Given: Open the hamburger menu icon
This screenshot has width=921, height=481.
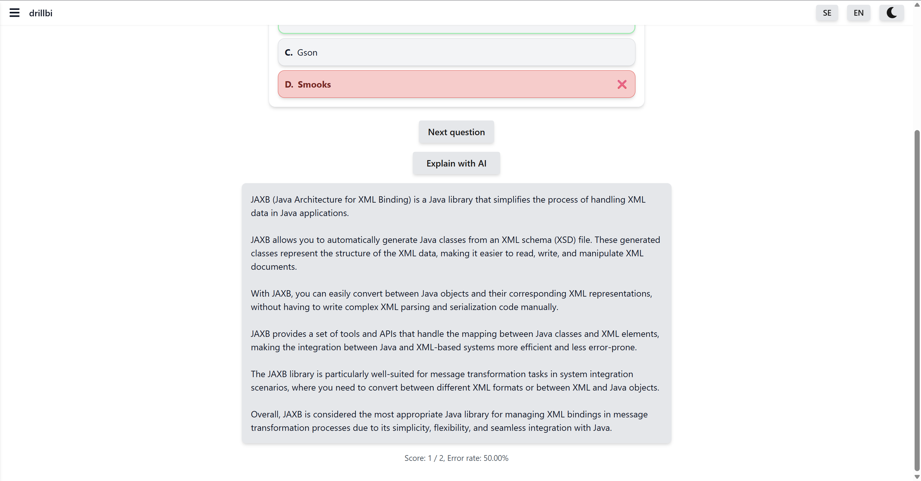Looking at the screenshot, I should click(x=14, y=13).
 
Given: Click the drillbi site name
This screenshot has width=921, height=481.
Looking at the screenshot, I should click(x=40, y=13).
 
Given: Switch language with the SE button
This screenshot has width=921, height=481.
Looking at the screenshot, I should click(x=827, y=13).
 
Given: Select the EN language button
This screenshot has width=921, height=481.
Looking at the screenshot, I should click(x=858, y=13).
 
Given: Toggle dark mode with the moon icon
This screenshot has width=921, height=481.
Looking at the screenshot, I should click(x=891, y=13).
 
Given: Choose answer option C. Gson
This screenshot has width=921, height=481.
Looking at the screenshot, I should click(x=456, y=52).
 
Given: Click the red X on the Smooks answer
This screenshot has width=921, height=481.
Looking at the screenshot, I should click(x=622, y=84).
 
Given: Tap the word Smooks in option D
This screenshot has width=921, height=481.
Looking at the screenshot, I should click(x=314, y=85).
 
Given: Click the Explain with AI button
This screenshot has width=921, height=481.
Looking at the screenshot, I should click(x=456, y=163).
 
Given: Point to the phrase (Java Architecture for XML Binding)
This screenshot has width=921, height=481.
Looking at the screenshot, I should click(x=342, y=199).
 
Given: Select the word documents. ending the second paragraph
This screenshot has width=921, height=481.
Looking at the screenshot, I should click(x=273, y=267).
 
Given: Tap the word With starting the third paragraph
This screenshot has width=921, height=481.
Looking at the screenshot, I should click(x=260, y=293).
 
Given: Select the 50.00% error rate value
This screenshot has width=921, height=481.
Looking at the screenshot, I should click(x=496, y=458).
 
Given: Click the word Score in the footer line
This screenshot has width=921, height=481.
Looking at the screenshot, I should click(x=415, y=458).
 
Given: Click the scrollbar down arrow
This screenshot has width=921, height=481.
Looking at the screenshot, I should click(x=917, y=477).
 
